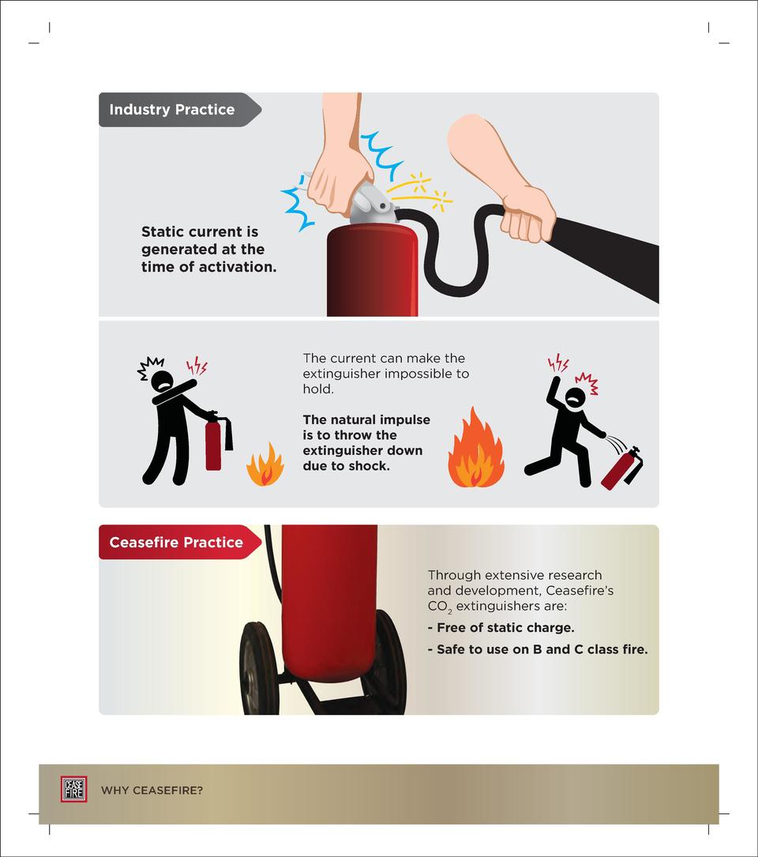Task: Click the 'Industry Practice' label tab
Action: pyautogui.click(x=172, y=110)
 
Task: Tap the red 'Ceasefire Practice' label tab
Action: pyautogui.click(x=176, y=543)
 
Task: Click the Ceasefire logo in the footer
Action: pyautogui.click(x=73, y=789)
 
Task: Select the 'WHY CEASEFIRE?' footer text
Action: pyautogui.click(x=152, y=790)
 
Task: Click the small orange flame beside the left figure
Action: pyautogui.click(x=265, y=465)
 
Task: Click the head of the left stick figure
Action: pyautogui.click(x=162, y=381)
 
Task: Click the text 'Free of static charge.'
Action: pyautogui.click(x=501, y=628)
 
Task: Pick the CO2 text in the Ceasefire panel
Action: pyautogui.click(x=439, y=607)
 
